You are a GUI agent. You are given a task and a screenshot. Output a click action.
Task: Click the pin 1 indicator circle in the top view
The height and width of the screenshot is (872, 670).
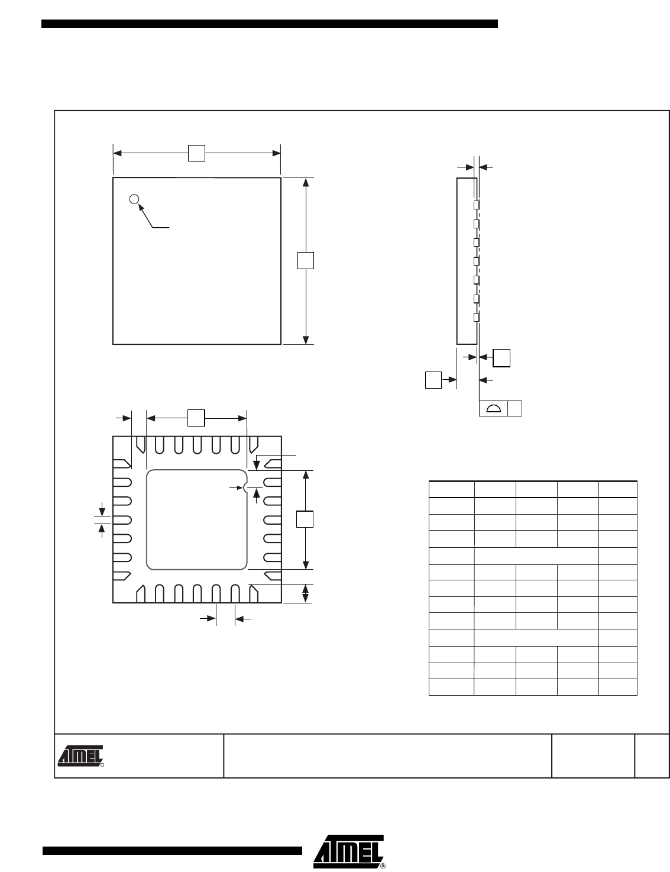134,199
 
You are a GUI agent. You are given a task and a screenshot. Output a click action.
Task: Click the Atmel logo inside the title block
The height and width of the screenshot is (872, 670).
80,756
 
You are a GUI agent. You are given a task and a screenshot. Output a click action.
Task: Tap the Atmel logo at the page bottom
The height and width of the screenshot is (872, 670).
349,852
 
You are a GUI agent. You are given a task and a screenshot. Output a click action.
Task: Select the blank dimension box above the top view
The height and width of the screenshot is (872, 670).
196,153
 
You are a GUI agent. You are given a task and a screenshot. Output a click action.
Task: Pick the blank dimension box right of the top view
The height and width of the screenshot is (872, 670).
306,260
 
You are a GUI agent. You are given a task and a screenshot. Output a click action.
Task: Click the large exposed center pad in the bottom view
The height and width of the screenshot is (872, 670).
196,519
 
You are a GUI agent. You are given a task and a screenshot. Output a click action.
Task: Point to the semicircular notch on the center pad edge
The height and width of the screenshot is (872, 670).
245,487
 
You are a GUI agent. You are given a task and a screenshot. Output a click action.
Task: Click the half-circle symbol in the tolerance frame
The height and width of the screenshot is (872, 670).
494,409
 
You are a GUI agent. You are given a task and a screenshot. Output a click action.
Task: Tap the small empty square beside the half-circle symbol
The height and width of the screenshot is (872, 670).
515,409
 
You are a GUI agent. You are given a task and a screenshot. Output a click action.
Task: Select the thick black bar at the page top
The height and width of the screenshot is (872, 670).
270,24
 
